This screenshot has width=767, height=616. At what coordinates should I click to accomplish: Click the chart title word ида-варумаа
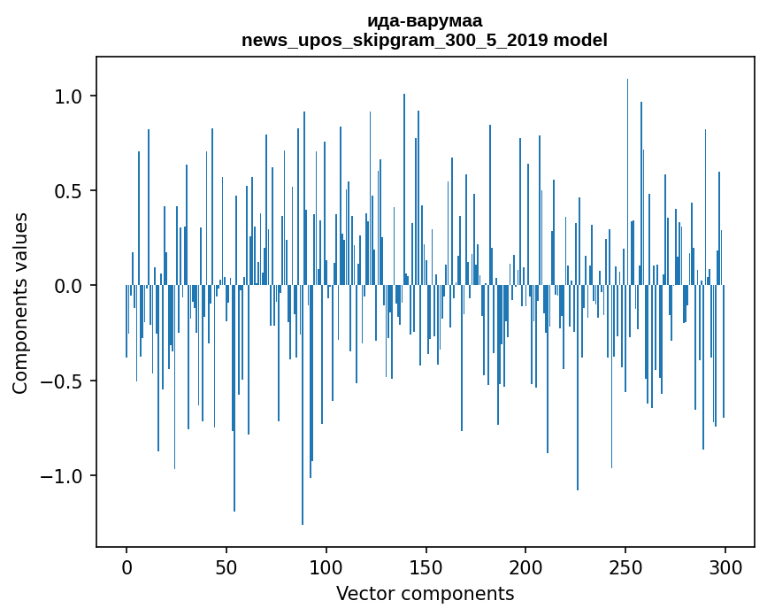tap(424, 21)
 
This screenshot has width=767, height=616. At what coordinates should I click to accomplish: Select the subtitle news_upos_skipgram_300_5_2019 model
tap(424, 40)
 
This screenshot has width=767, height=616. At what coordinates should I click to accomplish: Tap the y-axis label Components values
tap(20, 303)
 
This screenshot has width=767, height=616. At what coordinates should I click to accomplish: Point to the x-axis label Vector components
tap(425, 593)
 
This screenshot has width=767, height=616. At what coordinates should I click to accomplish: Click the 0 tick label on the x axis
tap(127, 566)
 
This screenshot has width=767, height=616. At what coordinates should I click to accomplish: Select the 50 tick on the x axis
tap(226, 566)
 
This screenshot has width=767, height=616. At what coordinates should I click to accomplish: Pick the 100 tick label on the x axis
tap(326, 566)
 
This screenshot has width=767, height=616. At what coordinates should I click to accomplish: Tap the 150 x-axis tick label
tap(426, 566)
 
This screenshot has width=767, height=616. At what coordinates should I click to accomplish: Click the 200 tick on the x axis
tap(526, 566)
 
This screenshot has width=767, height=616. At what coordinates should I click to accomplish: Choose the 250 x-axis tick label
tap(625, 566)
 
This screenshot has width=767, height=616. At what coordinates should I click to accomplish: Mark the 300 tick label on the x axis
tap(725, 566)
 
